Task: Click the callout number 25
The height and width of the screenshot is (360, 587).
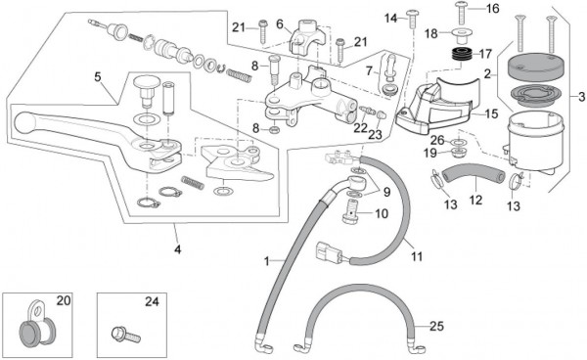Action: click(436, 326)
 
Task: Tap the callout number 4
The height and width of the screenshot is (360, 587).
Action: click(178, 248)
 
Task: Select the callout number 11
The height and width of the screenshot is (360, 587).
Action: click(417, 256)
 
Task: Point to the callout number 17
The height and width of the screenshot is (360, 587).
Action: click(485, 54)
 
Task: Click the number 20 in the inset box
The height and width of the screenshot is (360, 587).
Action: click(64, 300)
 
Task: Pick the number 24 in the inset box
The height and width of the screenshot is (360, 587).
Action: click(152, 301)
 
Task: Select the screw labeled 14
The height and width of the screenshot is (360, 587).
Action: click(413, 19)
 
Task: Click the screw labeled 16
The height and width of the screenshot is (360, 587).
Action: click(461, 13)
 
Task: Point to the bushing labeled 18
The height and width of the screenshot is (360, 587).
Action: click(461, 36)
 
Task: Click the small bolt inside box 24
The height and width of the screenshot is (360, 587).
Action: click(126, 335)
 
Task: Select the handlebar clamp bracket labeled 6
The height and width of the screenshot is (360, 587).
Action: click(306, 37)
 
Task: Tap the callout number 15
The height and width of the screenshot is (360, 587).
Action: click(491, 113)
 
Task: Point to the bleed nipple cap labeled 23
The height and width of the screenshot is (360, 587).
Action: click(380, 115)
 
